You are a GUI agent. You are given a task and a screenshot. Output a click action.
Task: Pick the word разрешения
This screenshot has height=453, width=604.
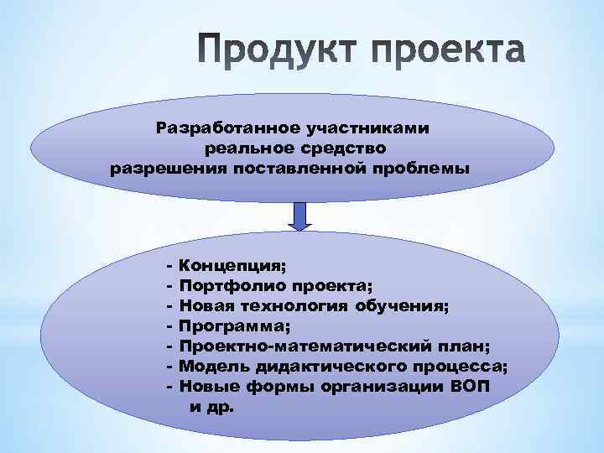click(163, 167)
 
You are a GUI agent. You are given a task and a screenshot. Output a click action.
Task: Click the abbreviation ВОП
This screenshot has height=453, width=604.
click(470, 387)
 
